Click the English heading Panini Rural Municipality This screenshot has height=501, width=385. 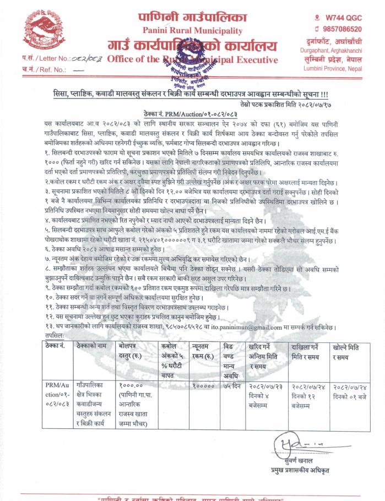point(192,31)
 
